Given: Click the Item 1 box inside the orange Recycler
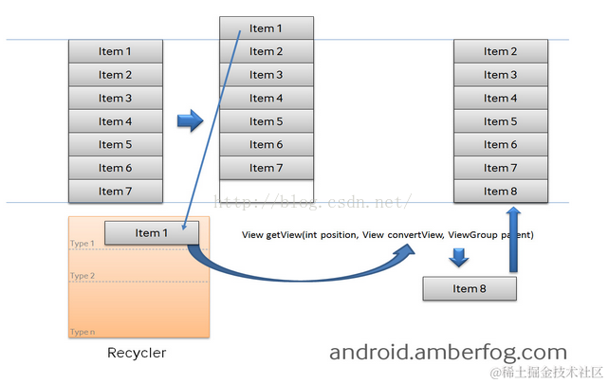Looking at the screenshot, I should coord(151,233).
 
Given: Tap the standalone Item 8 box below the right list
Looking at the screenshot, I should coord(470,288).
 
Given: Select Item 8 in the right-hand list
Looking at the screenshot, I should coord(501,192).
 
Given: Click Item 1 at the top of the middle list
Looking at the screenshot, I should coord(266,28).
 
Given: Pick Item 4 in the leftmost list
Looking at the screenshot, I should coord(115,121).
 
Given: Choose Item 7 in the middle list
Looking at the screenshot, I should coord(266,168).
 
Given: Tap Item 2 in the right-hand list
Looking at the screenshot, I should coord(501,51).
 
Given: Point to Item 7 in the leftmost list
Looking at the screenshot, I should coord(115,192).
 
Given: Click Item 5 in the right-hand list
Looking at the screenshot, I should coord(501,121).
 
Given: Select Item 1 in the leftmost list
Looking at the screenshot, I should coord(115,51).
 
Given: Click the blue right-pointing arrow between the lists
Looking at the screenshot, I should coord(191,120).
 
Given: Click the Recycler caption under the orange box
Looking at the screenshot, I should coord(138,353).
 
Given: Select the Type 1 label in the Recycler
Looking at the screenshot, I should coord(83,244).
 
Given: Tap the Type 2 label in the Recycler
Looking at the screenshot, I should coord(83,276).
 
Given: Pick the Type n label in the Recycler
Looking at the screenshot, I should coord(83,332).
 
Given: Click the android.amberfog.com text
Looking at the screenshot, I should coord(448,353).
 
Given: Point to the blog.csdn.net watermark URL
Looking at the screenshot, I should coord(313,202).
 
